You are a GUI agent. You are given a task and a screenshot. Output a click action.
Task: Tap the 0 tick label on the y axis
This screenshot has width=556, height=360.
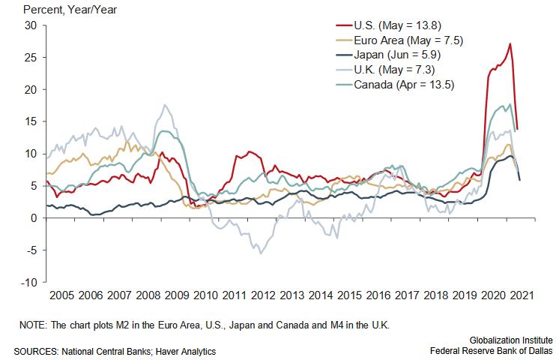point(33,218)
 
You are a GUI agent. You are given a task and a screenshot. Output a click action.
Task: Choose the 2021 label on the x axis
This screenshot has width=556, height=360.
point(522,296)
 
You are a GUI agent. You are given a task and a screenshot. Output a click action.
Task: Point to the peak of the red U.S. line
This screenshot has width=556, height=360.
point(510,43)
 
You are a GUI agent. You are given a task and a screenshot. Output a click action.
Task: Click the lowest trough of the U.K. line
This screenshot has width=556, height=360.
point(261,253)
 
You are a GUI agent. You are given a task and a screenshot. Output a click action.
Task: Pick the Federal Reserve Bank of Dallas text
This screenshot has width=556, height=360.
point(491,351)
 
